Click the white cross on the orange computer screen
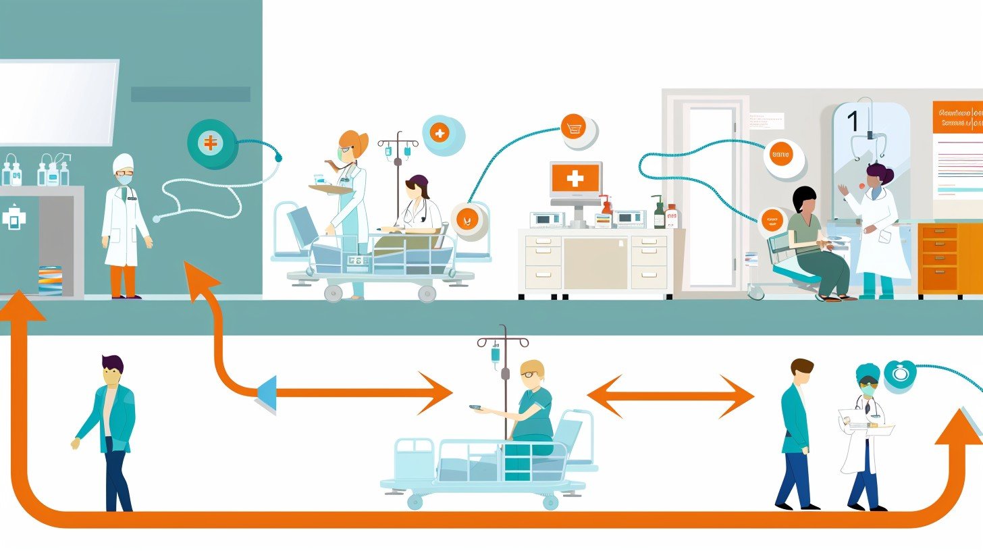click(x=575, y=178)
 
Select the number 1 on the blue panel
click(x=853, y=122)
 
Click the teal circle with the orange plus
click(x=211, y=143)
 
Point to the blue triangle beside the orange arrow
click(x=267, y=394)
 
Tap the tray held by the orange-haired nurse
click(x=330, y=189)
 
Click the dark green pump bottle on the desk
click(x=658, y=215)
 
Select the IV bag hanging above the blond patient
click(x=496, y=354)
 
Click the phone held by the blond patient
click(x=476, y=409)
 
